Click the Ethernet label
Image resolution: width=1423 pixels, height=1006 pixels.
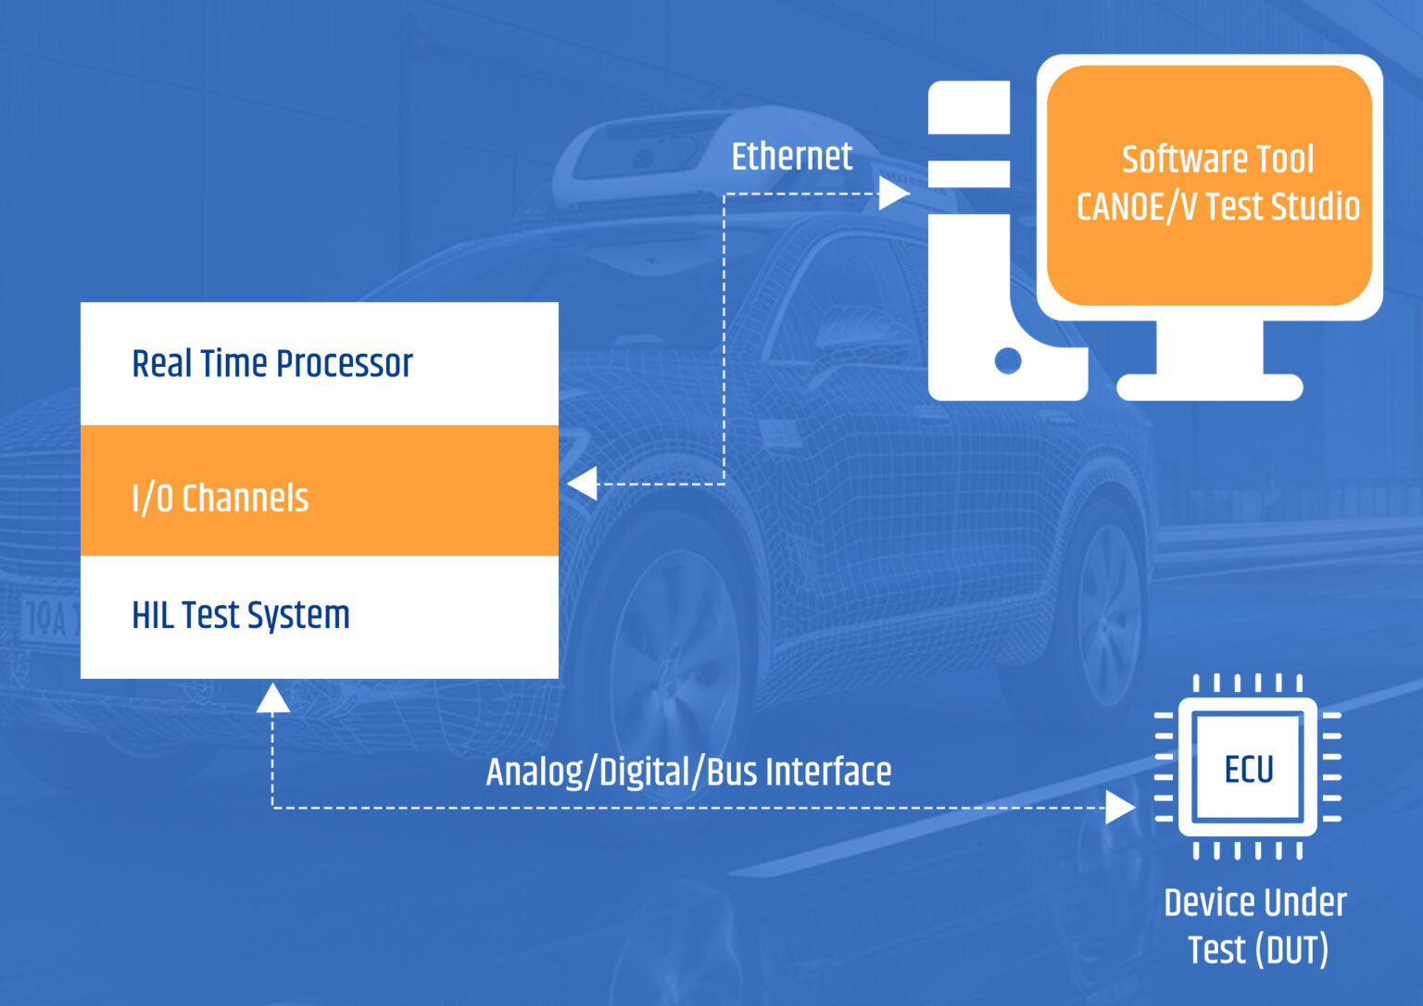click(x=791, y=157)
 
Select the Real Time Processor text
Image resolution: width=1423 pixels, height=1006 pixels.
click(x=272, y=363)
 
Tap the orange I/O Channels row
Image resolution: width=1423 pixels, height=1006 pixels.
click(x=319, y=491)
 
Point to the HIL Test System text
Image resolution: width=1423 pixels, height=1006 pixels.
click(x=241, y=615)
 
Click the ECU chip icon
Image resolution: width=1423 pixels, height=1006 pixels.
click(x=1247, y=768)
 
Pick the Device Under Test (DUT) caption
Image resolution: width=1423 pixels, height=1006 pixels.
click(x=1255, y=925)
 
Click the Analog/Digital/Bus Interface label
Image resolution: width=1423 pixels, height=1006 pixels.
click(x=688, y=772)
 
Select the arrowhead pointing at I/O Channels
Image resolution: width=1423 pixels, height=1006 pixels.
click(x=583, y=484)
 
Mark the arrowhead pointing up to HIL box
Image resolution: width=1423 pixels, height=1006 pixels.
click(x=272, y=698)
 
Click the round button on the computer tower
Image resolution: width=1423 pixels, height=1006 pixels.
click(x=1008, y=360)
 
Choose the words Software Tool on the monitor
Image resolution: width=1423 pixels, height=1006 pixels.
click(x=1217, y=159)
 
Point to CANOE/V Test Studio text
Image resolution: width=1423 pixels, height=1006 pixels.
click(x=1217, y=207)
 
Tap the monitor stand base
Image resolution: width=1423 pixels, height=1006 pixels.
click(x=1209, y=387)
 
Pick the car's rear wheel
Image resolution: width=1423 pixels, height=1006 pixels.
click(x=1107, y=602)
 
